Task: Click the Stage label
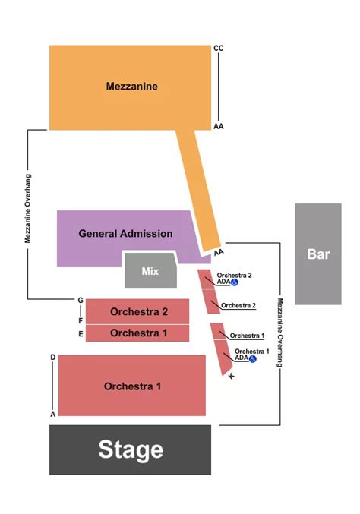point(130,449)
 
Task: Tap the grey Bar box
point(318,254)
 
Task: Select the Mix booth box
point(150,271)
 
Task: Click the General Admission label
point(125,234)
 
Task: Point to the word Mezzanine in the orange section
point(131,87)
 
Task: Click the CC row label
point(219,49)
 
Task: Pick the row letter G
point(80,301)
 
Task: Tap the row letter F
point(80,321)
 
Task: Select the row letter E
point(80,334)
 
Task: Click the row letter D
point(52,357)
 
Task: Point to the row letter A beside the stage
point(52,414)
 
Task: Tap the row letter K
point(231,376)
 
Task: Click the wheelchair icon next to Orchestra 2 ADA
point(235,282)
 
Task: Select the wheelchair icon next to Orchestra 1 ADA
point(253,358)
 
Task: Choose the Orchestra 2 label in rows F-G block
point(138,312)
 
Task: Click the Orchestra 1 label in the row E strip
point(138,333)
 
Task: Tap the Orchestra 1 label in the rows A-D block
point(132,386)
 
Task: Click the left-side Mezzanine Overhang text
point(27,208)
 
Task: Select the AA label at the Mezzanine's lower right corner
point(219,127)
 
